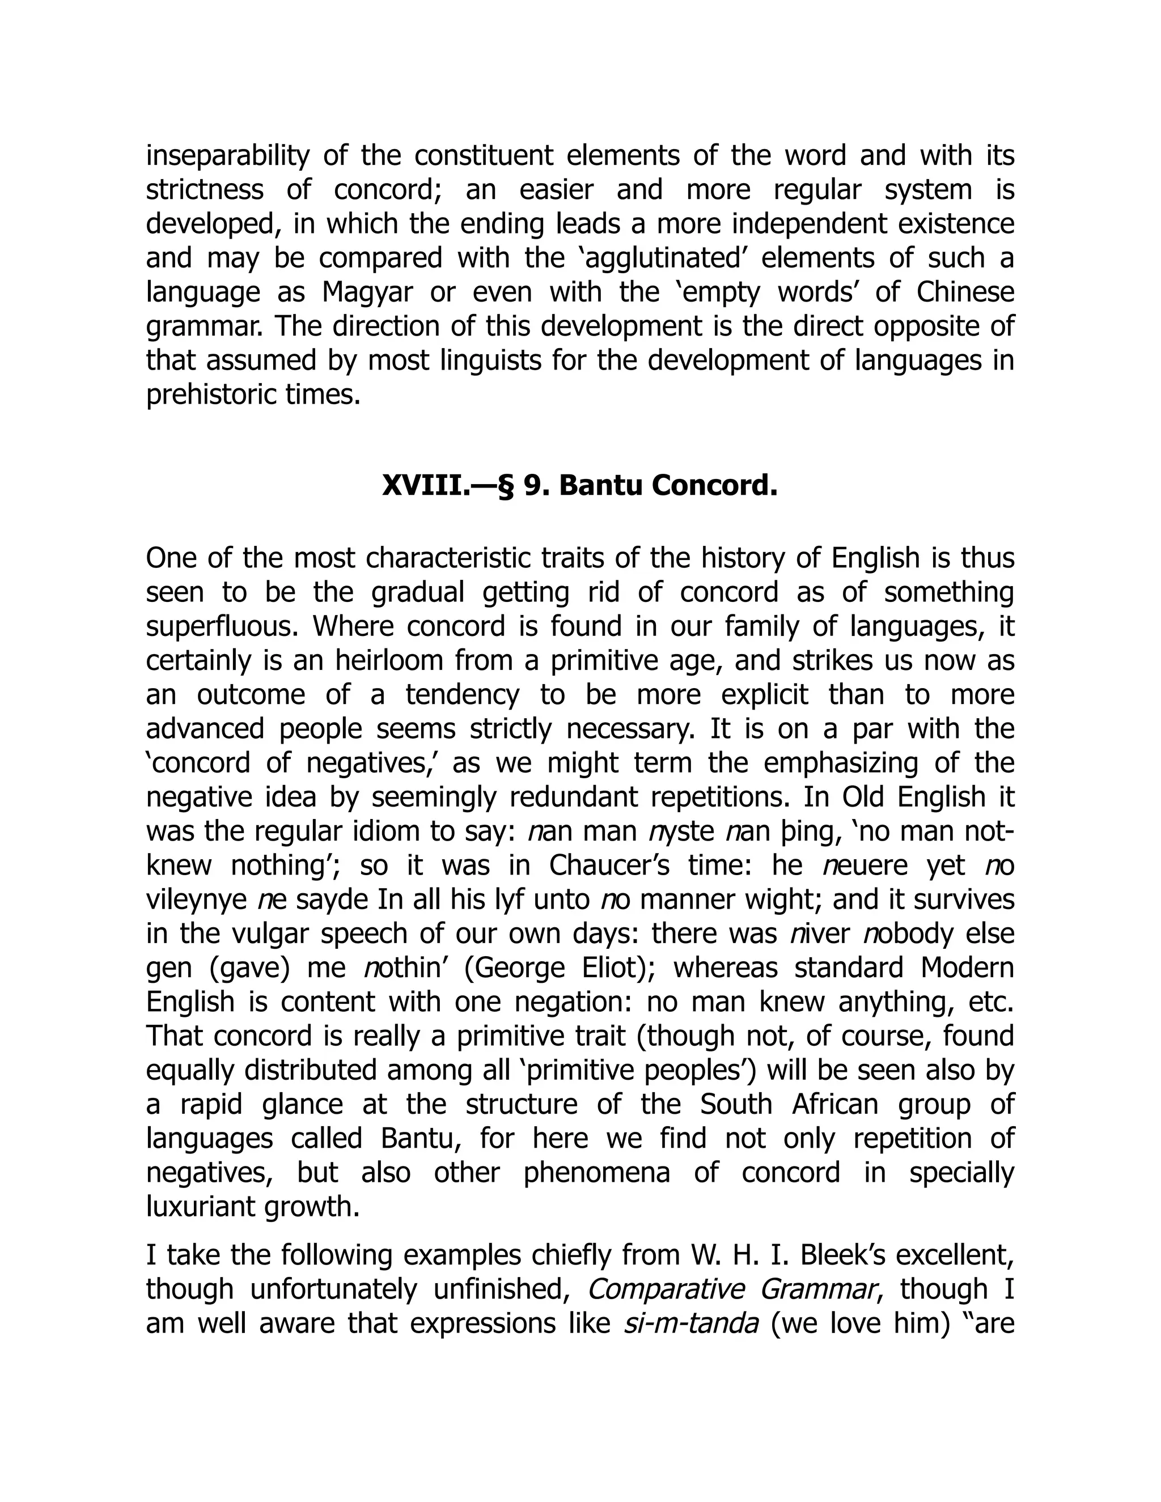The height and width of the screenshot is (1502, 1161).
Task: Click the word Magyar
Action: pyautogui.click(x=367, y=292)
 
